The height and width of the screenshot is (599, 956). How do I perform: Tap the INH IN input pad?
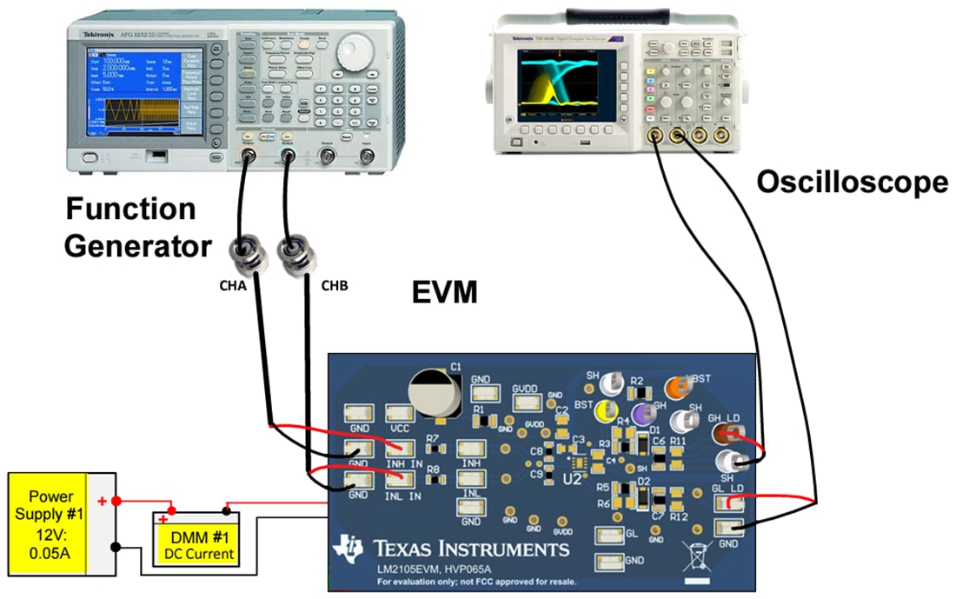pos(399,449)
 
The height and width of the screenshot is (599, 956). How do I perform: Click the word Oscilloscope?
pos(851,183)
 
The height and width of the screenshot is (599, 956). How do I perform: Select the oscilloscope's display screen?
pos(566,83)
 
